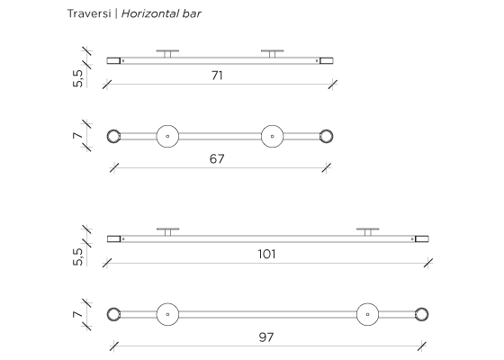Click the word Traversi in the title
89,13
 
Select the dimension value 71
217,76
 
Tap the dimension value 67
217,158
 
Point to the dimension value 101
266,254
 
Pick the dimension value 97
266,337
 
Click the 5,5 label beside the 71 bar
77,78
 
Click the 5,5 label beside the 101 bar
77,256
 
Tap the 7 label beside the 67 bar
77,136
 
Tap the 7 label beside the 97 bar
77,314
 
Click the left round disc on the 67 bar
167,136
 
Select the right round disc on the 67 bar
272,136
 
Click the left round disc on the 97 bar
167,314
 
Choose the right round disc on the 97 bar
368,314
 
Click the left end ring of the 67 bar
108,136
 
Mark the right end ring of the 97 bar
427,314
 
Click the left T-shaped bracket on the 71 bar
167,50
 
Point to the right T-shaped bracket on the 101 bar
368,229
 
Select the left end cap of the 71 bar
113,61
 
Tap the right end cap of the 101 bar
422,238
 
